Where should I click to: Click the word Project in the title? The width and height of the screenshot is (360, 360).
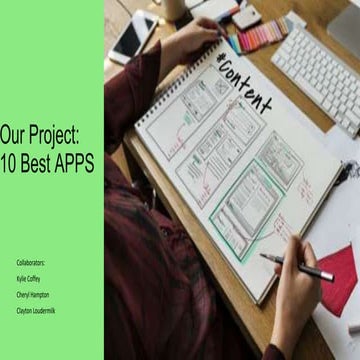coord(59,131)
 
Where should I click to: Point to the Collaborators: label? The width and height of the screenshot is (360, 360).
coord(30,262)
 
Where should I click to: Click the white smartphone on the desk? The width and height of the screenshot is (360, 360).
coord(132,37)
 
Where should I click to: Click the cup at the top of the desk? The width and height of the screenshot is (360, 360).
coord(174,8)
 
